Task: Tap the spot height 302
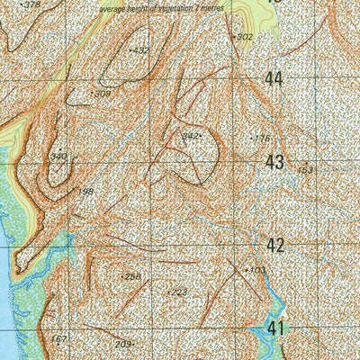(244, 37)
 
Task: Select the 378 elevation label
(31, 5)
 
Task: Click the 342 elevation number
(189, 137)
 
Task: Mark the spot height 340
(58, 157)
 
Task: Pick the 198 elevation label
(85, 192)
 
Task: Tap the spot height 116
(262, 139)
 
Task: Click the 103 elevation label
(256, 269)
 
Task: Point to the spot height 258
(132, 276)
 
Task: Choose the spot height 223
(178, 292)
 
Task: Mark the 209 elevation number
(123, 344)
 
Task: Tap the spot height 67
(61, 339)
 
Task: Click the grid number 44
(274, 79)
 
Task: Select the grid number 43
(274, 162)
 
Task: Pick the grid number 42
(274, 245)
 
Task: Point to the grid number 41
(274, 328)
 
